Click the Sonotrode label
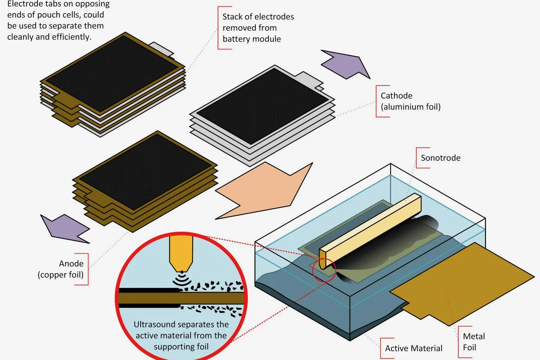440,158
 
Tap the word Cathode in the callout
396,96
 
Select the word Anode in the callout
71,264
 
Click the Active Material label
414,348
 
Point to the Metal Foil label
474,342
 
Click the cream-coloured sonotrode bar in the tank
371,229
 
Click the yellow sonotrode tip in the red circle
181,251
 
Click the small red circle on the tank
324,270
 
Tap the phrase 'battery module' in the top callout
252,39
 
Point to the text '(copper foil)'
60,275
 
